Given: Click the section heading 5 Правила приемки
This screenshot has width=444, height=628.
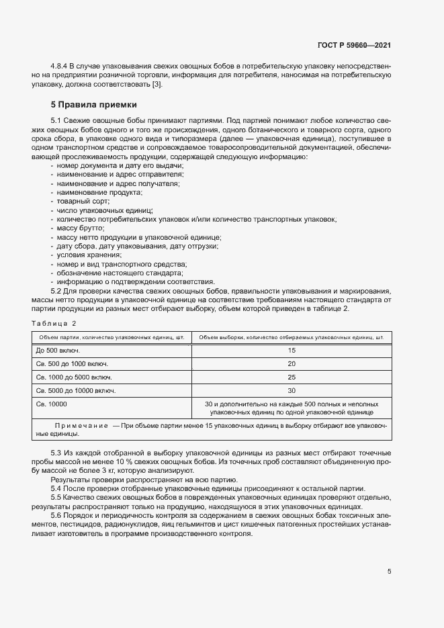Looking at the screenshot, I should (93, 105).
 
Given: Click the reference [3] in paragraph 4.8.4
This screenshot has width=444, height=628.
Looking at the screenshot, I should (157, 84).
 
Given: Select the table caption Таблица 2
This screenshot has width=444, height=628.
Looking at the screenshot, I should (54, 323).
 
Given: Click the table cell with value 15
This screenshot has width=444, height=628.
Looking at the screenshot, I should (292, 351).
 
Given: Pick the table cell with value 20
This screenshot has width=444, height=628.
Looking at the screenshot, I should (292, 363).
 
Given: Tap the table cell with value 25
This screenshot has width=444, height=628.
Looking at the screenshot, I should (292, 377).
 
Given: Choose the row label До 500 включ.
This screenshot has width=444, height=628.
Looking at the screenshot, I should (58, 351).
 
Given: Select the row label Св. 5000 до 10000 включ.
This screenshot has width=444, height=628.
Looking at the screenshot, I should (75, 390).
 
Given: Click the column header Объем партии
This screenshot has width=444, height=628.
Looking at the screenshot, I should (112, 337).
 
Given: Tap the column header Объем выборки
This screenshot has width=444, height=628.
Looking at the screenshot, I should (292, 337).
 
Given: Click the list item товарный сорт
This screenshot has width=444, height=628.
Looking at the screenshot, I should (83, 201).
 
